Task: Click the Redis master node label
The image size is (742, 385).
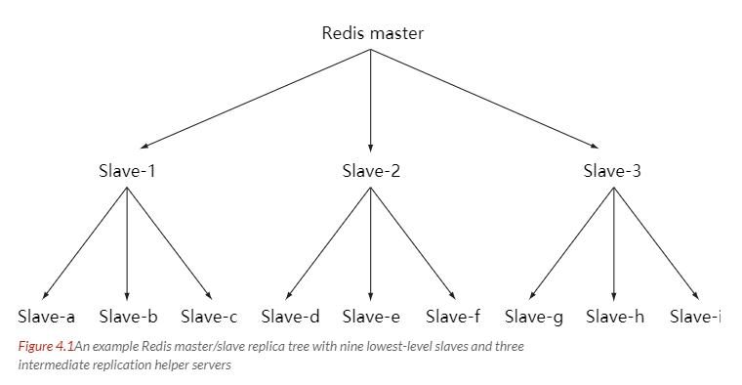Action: tap(372, 33)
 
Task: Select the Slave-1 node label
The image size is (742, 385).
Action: tap(127, 171)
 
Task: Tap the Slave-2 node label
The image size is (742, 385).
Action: tap(371, 171)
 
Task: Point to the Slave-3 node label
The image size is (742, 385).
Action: tap(612, 171)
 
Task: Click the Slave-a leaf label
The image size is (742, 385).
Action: tap(47, 316)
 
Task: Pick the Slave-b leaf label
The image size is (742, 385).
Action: tap(128, 316)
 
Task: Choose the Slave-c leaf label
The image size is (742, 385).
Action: tap(209, 316)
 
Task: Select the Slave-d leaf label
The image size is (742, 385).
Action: tap(290, 316)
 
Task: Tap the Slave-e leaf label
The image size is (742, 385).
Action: tap(371, 316)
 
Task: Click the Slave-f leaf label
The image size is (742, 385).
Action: tap(454, 316)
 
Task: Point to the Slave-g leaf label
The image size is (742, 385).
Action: tap(534, 316)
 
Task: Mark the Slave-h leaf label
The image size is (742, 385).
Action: tap(614, 316)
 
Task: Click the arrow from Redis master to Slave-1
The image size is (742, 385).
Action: tap(254, 97)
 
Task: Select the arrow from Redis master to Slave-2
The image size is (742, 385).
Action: tap(371, 98)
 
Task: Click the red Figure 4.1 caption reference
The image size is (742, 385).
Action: tap(46, 346)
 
